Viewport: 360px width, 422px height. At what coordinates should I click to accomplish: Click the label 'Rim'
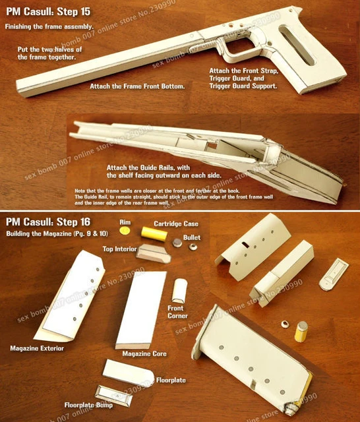[124, 222]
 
